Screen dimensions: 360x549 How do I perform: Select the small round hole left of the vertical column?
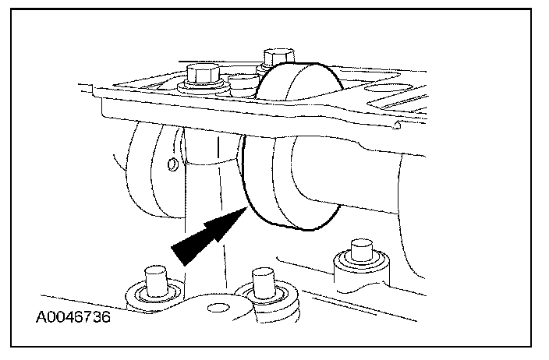(172, 164)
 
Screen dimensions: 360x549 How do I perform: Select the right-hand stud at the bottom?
(360, 251)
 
